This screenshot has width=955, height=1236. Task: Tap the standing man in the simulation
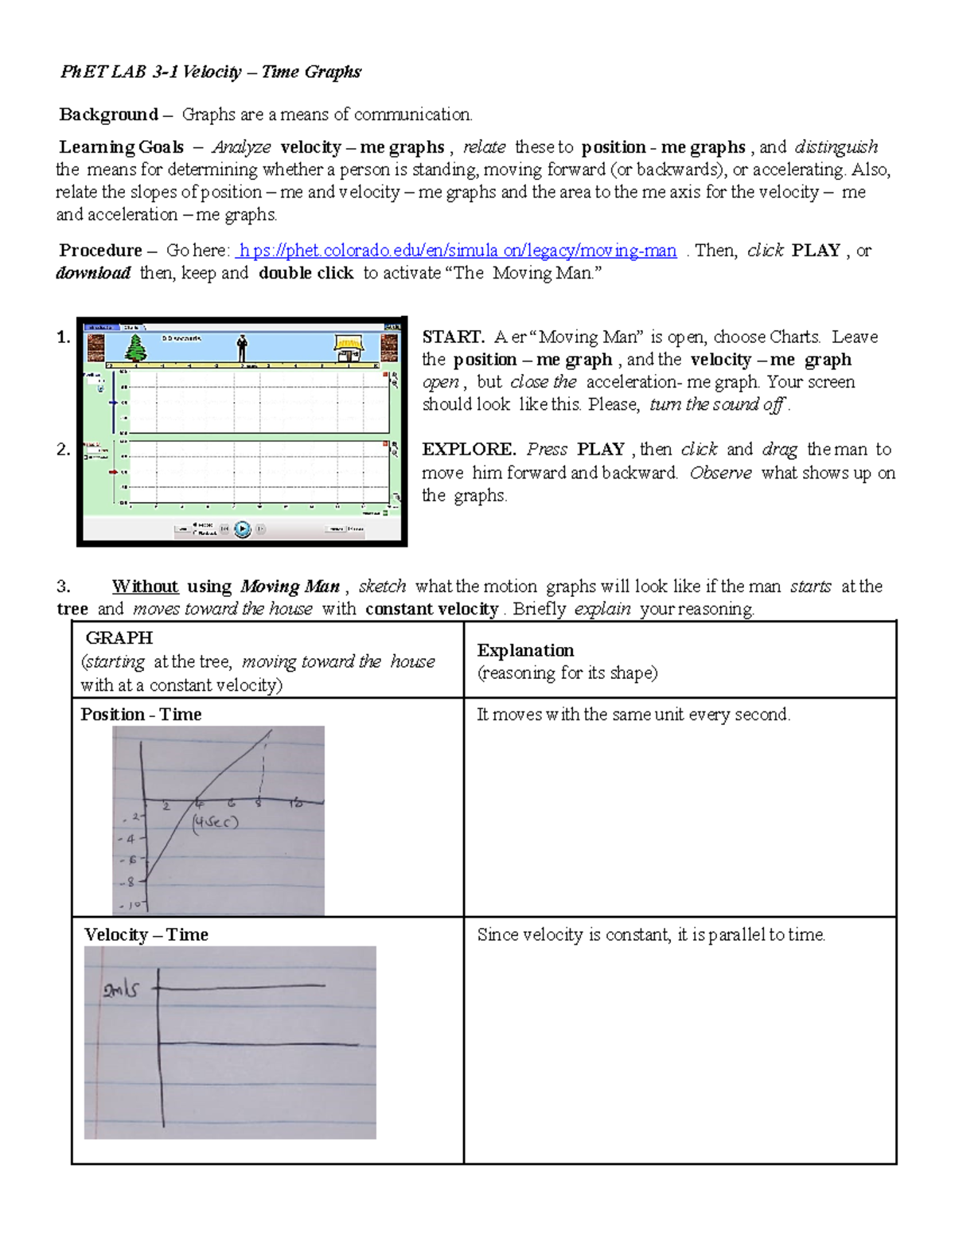tap(242, 348)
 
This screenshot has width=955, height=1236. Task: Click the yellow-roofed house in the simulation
tap(349, 348)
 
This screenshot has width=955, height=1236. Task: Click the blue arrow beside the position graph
tap(114, 403)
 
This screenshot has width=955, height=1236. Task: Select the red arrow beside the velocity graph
tap(113, 472)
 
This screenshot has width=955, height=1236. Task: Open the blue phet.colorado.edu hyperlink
tap(456, 251)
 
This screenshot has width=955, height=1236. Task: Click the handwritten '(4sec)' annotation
tap(214, 822)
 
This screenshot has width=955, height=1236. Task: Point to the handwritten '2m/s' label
tap(120, 989)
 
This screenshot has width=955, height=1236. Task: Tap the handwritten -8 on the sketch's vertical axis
tap(131, 882)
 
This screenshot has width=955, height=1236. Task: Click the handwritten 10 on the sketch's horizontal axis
tap(295, 804)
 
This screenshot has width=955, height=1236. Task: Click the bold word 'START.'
tap(453, 337)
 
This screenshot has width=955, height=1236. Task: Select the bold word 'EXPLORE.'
tap(469, 449)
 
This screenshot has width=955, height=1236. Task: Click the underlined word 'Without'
tap(145, 587)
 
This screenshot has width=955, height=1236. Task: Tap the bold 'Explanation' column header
tap(525, 650)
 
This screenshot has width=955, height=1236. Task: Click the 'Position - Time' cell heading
tap(141, 714)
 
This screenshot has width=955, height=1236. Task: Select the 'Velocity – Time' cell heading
tap(146, 934)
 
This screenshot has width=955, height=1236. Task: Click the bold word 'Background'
tap(109, 115)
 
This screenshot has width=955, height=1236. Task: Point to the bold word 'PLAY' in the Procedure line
tap(816, 251)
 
